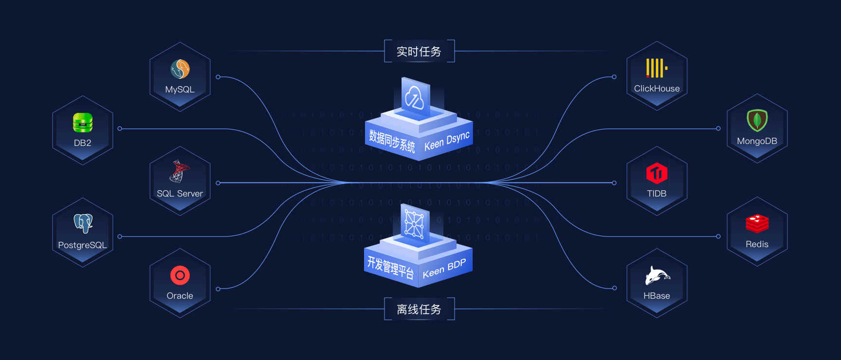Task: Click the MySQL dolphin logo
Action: pos(180,69)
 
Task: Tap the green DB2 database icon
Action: pos(83,123)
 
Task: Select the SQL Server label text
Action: pos(180,194)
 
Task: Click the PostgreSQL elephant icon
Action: pos(83,223)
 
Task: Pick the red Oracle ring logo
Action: pos(180,275)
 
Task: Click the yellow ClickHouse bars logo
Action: pos(656,68)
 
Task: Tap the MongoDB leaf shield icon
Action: pos(757,120)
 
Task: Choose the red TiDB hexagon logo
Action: pos(657,173)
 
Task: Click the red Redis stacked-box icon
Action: pos(757,224)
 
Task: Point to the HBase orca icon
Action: pos(657,276)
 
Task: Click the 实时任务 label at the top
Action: pos(419,52)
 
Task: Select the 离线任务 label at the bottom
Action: pos(419,309)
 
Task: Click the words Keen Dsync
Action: pos(447,141)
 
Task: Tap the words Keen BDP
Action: pos(444,269)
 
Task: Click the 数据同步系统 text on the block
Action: pos(392,140)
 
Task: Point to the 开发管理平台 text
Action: pos(390,267)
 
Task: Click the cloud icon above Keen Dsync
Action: pos(415,98)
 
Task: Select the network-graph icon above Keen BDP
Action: pos(414,224)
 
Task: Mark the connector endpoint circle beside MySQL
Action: pos(218,77)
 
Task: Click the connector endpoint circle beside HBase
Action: pos(614,288)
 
